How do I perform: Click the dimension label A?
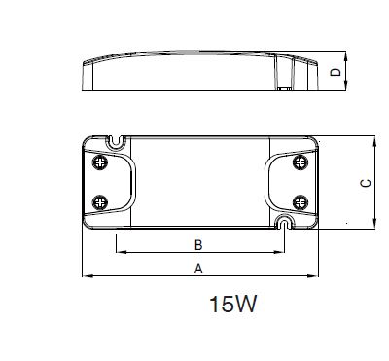(198, 269)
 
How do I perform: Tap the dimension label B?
(198, 245)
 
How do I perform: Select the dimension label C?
(366, 183)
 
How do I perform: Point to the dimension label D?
(336, 72)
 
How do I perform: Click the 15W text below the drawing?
(233, 304)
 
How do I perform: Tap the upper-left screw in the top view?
(100, 162)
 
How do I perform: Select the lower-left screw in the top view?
(100, 202)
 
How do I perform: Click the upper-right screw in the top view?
(301, 162)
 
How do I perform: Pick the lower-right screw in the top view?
(301, 202)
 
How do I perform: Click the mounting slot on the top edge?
(116, 142)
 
